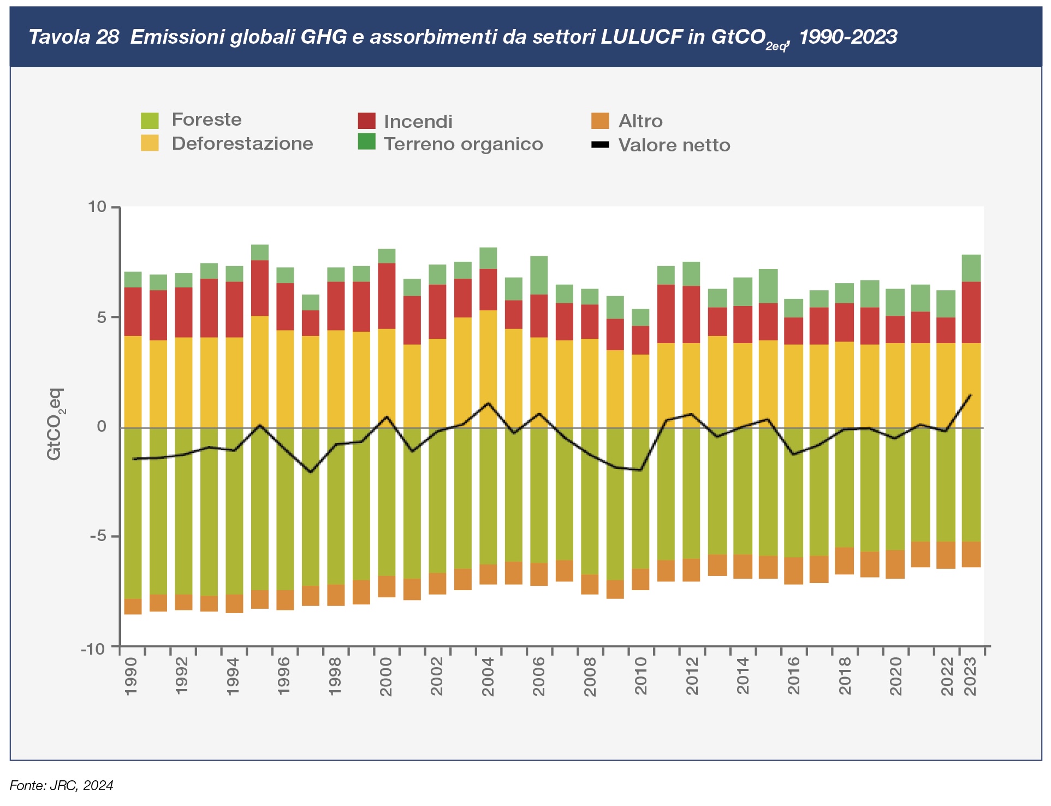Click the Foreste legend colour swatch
[150, 120]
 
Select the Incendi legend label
[418, 121]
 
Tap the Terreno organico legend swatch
[367, 142]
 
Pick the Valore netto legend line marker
[600, 145]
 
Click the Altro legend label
[640, 121]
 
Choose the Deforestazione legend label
[242, 144]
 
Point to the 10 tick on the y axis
[97, 207]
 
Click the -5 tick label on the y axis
[98, 536]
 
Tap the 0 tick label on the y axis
[102, 427]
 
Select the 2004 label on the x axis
[488, 676]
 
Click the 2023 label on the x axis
[971, 676]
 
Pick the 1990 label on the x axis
[131, 676]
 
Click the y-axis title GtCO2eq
[55, 425]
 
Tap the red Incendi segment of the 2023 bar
[971, 313]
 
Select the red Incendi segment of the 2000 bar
[387, 296]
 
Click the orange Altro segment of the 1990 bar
[133, 607]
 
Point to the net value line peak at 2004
[488, 403]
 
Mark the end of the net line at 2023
[971, 395]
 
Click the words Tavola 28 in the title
[74, 37]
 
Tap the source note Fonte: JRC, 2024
[62, 786]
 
